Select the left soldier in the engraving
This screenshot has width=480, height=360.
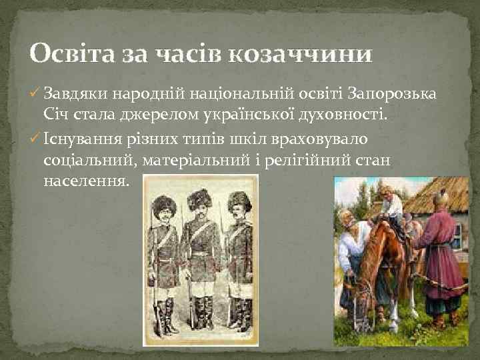[x=163, y=260]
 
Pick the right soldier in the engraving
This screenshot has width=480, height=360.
[x=237, y=260]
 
